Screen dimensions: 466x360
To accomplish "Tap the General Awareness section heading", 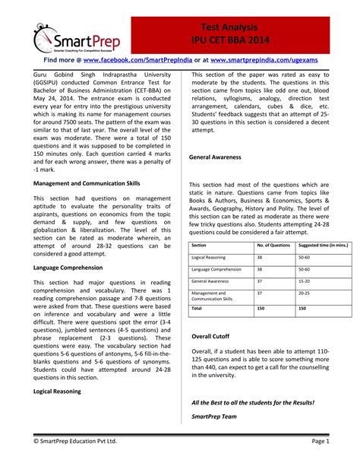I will (x=215, y=157).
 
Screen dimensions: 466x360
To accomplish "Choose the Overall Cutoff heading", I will (x=210, y=336).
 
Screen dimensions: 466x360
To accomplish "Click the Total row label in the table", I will (x=197, y=309).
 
